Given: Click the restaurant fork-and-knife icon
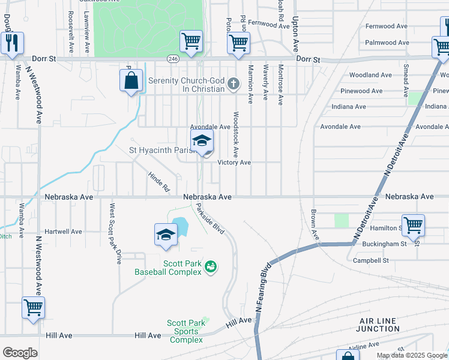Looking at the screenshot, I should pos(12,43).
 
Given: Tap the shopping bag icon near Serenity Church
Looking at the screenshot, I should pos(131,80).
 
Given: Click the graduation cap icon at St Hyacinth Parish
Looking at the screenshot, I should pos(202,142).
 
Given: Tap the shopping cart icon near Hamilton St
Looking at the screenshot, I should pos(413,226).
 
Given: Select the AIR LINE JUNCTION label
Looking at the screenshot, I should pos(378,325).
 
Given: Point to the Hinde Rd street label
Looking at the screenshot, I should pos(159,182).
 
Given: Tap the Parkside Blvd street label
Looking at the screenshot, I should pos(210,220).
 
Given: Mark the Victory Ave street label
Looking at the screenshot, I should pos(234,163).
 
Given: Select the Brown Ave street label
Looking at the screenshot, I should pos(314,225).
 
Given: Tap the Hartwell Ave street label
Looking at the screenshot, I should pos(63,232).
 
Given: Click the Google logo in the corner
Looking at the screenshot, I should pos(20,353).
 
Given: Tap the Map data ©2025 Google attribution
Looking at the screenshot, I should pos(411,355).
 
